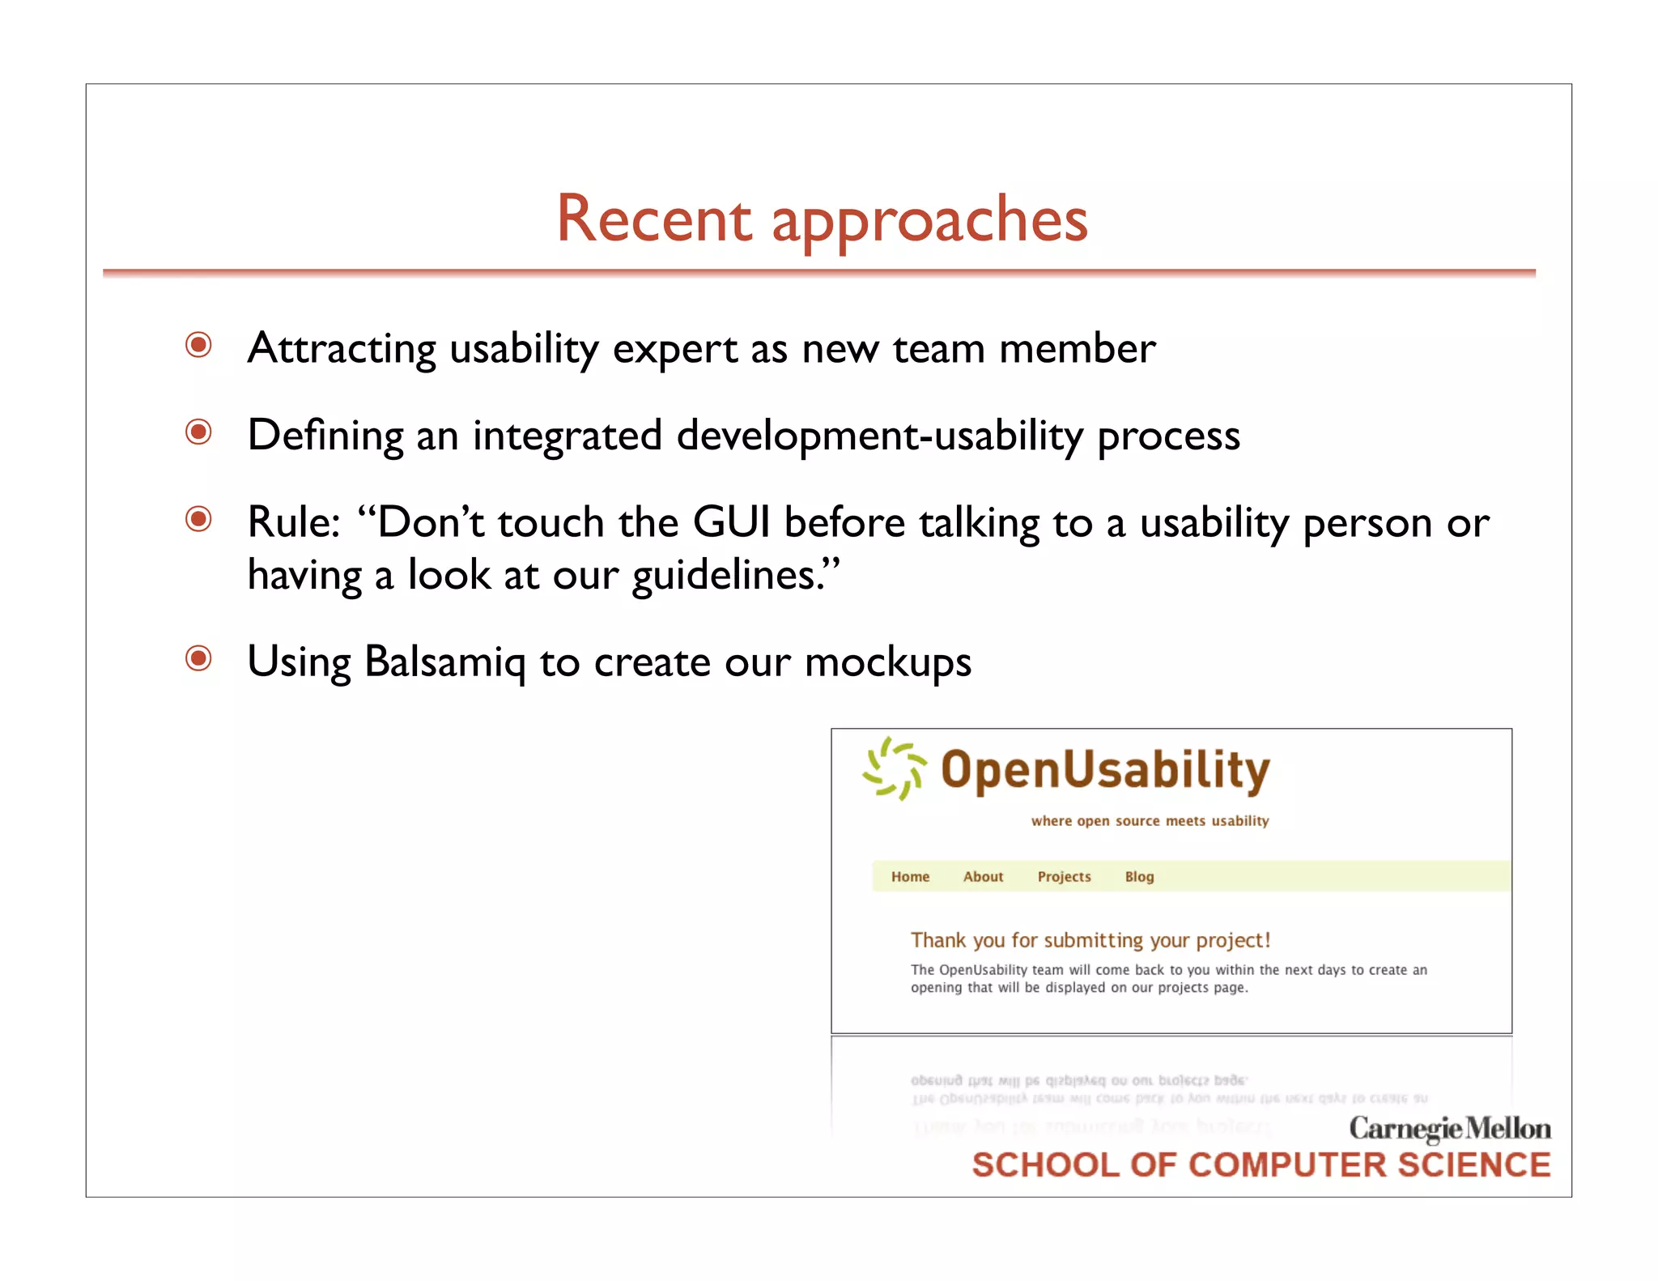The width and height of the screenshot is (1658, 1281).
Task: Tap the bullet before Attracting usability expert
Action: pos(198,345)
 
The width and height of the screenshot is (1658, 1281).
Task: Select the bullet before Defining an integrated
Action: pos(198,432)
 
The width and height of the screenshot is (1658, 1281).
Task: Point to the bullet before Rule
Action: pos(198,518)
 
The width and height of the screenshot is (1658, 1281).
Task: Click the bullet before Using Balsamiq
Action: pos(198,658)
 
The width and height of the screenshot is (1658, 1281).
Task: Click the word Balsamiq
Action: pos(444,662)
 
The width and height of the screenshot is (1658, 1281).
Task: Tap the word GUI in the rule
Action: pos(731,521)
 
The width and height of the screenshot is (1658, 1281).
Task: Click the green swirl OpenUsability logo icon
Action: pos(894,768)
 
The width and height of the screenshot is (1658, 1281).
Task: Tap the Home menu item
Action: pos(910,877)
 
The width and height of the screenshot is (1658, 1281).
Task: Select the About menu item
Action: pos(983,877)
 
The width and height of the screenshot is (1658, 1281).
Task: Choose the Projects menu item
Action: pos(1064,877)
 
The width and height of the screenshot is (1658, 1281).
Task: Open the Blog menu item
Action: pos(1139,877)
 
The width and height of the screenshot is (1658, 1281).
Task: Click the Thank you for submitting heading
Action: pos(1090,940)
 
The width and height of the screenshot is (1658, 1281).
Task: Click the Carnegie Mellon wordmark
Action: pos(1449,1128)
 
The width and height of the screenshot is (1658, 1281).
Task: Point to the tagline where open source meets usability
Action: pos(1150,821)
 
